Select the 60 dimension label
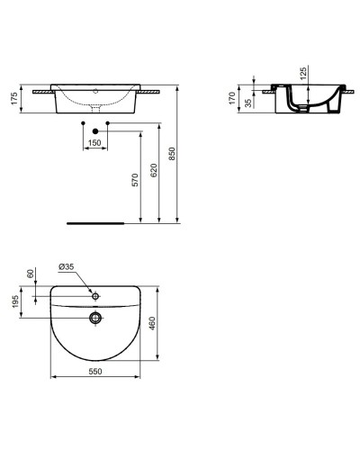point(31,274)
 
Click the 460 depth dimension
point(163,322)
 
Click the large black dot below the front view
point(94,131)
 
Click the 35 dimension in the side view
point(247,101)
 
